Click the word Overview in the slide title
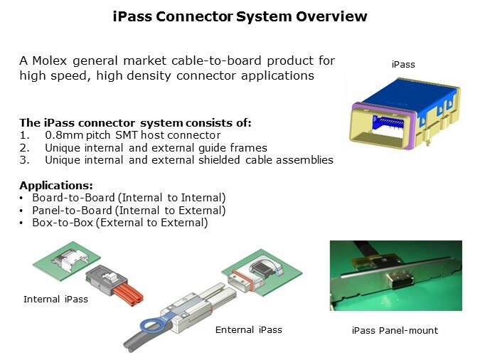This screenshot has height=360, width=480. pyautogui.click(x=334, y=16)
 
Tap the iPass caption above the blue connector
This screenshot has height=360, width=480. pyautogui.click(x=403, y=65)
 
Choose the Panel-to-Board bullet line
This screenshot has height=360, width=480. pyautogui.click(x=128, y=211)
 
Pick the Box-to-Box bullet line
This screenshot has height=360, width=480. pyautogui.click(x=119, y=223)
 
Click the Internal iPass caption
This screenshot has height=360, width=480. pyautogui.click(x=56, y=300)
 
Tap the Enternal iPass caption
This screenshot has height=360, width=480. pyautogui.click(x=249, y=330)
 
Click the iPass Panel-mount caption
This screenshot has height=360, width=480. pyautogui.click(x=395, y=331)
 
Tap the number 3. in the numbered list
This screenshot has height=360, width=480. pyautogui.click(x=23, y=160)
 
